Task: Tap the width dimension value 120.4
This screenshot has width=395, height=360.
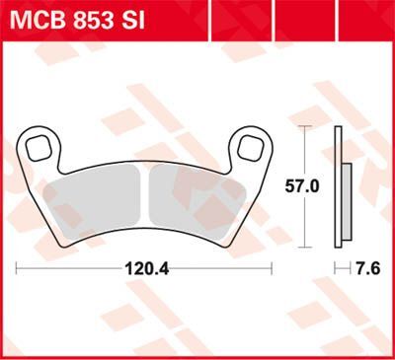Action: click(144, 267)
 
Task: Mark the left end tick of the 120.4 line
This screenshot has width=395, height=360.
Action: click(18, 267)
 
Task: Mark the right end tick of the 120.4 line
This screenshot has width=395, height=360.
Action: click(272, 267)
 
